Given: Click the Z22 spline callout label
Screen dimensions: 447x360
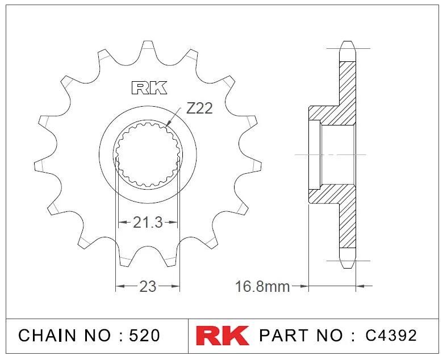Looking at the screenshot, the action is click(x=199, y=108).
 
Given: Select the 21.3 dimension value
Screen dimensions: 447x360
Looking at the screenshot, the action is click(x=148, y=223).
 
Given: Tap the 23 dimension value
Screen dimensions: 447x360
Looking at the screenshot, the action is click(x=148, y=286).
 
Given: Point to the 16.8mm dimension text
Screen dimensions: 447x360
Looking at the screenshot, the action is click(x=262, y=286).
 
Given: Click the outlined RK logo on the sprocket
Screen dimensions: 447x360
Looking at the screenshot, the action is click(x=149, y=88).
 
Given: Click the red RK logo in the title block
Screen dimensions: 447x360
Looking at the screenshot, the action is click(x=222, y=335).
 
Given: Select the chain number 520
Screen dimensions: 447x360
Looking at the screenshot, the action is click(x=144, y=335).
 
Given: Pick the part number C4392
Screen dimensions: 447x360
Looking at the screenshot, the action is click(x=391, y=335).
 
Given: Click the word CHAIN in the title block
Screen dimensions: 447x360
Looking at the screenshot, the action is click(x=47, y=335).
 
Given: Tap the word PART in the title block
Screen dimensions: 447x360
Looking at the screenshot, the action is click(x=283, y=335).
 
